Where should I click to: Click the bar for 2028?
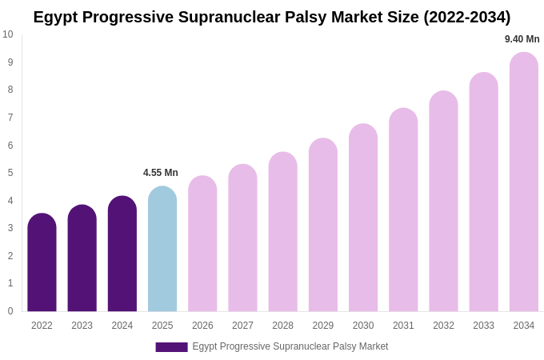(282, 232)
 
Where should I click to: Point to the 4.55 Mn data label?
(161, 173)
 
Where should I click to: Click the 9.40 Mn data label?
(522, 39)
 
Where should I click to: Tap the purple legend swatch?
(171, 347)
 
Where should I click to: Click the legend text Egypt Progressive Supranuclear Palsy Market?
(290, 346)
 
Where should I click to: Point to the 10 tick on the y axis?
(8, 34)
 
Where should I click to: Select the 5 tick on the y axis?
(10, 173)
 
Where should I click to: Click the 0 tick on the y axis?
(10, 311)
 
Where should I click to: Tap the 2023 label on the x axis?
(82, 326)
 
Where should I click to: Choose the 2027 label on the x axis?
(242, 326)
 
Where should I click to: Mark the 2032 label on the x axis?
(443, 326)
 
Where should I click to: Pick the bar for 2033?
(483, 192)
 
